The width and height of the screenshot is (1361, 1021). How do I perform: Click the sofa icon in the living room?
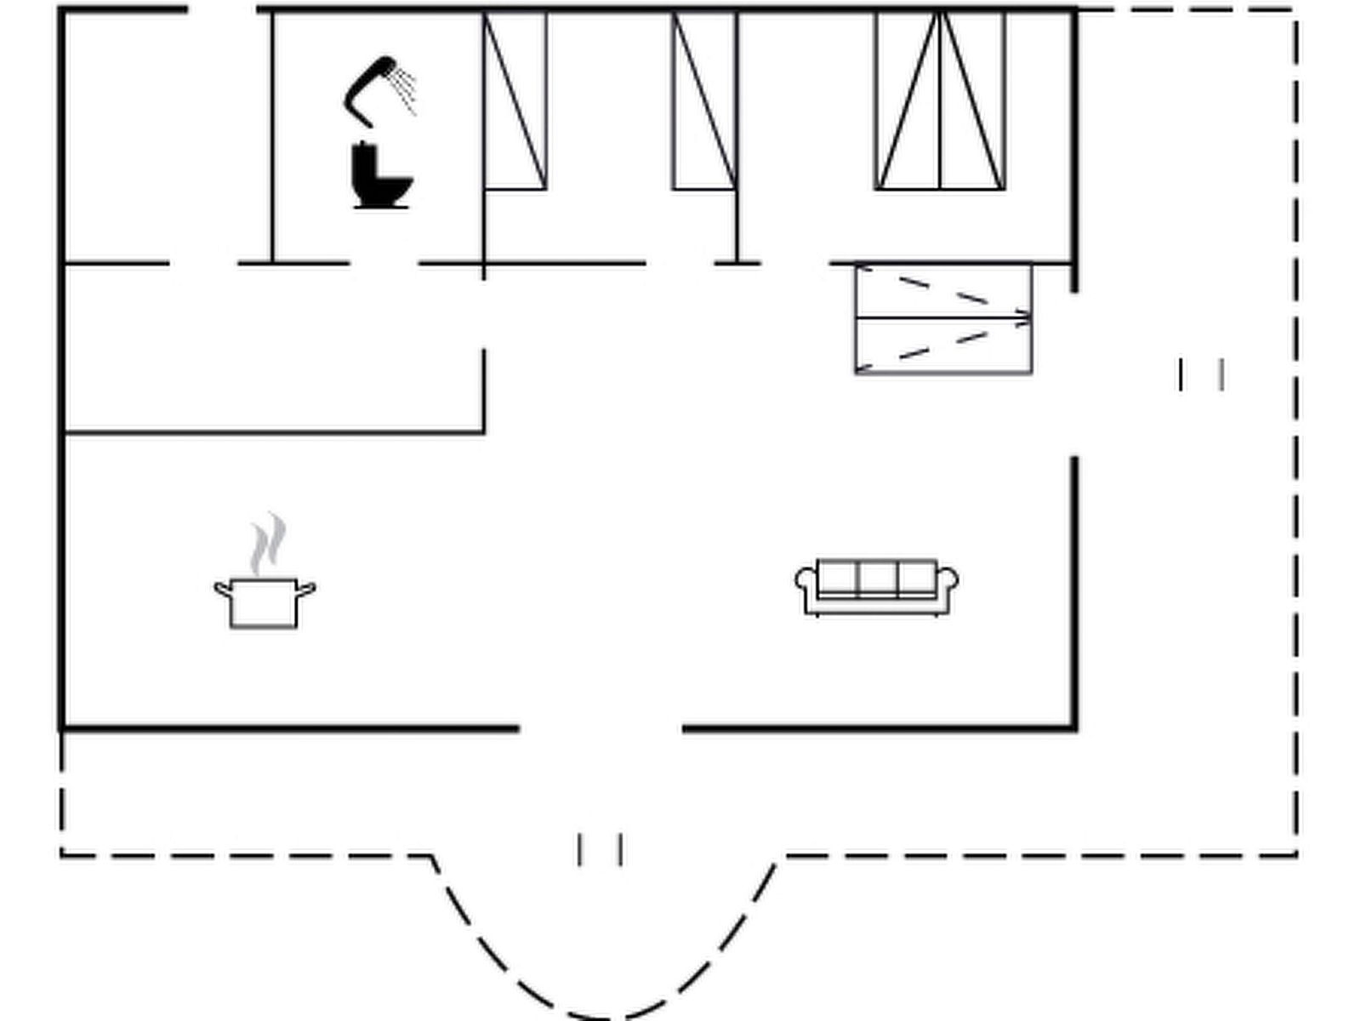click(877, 586)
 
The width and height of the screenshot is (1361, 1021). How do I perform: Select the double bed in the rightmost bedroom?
click(940, 100)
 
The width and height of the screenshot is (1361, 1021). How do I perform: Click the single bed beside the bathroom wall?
click(515, 100)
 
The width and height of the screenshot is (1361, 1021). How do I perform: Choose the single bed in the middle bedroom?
click(704, 100)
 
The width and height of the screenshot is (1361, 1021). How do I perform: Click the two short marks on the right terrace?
click(1201, 374)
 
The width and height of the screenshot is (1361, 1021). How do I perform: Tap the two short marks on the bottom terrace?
click(600, 849)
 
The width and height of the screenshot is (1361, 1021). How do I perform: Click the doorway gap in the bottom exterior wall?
click(601, 728)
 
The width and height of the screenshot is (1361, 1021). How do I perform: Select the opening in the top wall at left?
click(222, 10)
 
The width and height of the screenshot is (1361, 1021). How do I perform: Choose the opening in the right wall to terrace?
click(1074, 374)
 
